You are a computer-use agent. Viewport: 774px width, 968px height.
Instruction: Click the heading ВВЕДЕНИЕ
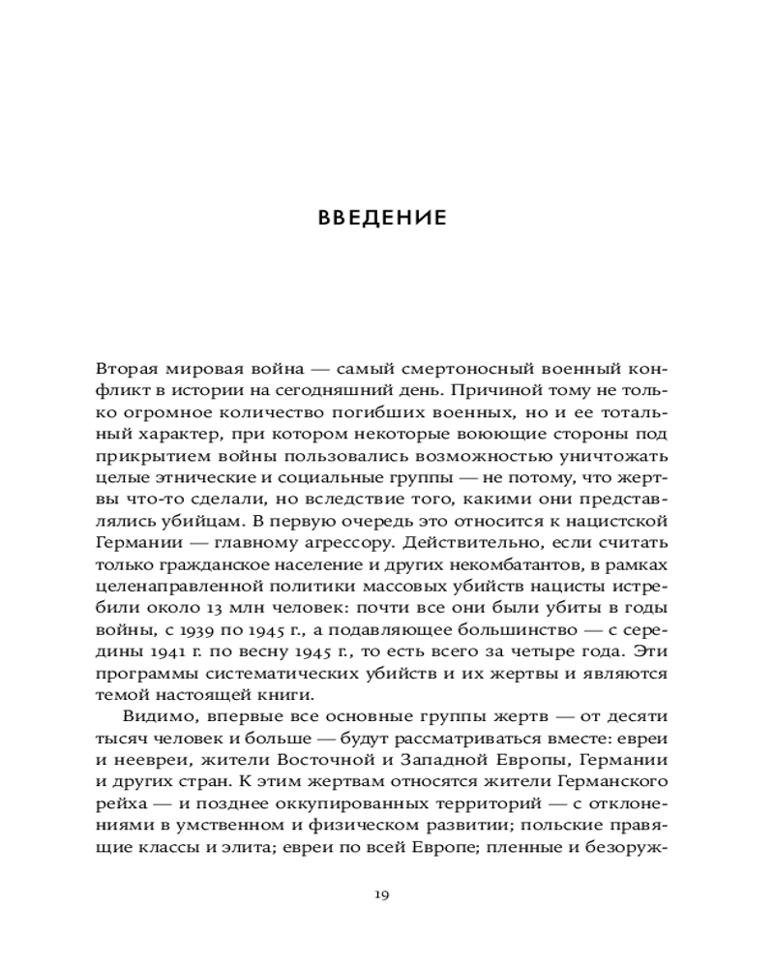tap(382, 217)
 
